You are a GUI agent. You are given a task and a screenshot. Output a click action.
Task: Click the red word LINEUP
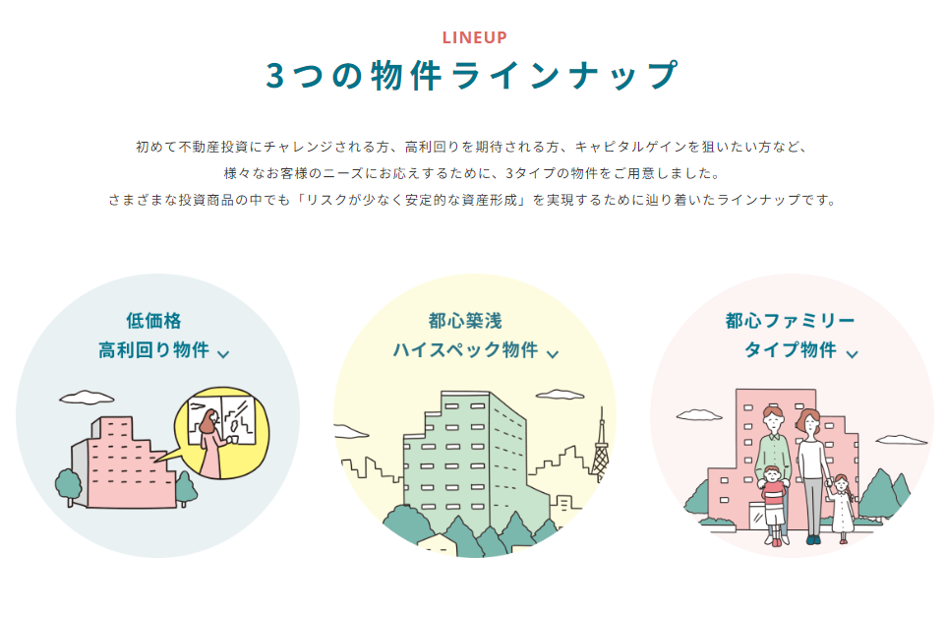474,38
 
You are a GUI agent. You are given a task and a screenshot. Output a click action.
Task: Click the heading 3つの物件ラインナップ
472,76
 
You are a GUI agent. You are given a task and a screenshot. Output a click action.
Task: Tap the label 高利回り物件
153,350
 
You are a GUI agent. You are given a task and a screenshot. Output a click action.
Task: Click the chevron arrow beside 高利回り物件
223,354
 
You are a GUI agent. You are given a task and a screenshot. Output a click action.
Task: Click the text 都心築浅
465,321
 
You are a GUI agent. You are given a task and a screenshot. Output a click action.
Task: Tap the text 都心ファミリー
790,321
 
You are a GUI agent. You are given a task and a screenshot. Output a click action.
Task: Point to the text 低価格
153,321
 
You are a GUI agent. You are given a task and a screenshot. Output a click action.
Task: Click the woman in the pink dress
211,443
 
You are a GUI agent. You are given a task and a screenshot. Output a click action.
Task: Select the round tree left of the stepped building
69,483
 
